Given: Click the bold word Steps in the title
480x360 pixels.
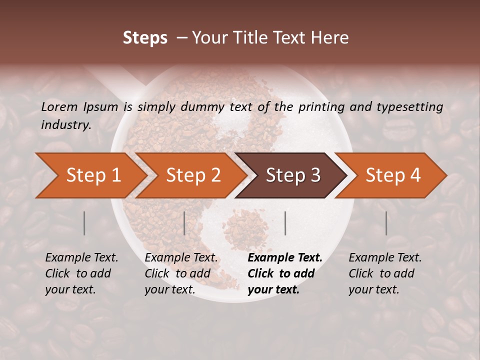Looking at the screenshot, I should click(x=145, y=38).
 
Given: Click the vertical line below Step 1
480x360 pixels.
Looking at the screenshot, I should click(x=84, y=223).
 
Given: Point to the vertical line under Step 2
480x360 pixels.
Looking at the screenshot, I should click(x=184, y=223).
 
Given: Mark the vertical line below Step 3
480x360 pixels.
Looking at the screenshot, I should click(x=285, y=223).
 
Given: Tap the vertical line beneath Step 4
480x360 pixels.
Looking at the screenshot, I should click(x=386, y=223).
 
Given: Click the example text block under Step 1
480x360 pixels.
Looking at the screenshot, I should click(x=81, y=273).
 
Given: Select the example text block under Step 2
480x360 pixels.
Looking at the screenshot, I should click(x=181, y=273).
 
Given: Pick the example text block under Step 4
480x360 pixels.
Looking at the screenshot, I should click(x=385, y=273).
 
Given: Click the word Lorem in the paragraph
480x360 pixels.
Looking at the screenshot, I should click(x=59, y=106).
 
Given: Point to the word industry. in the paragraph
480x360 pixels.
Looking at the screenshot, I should click(x=66, y=125).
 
